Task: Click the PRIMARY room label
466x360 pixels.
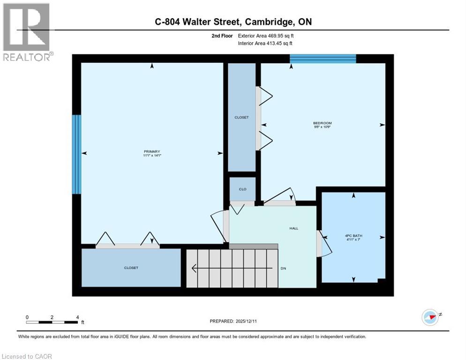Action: [152, 151]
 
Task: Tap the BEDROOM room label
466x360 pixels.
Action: [322, 123]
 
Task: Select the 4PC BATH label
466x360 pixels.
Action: [353, 236]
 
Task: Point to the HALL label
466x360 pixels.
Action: [293, 228]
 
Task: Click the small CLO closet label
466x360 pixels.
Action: [242, 189]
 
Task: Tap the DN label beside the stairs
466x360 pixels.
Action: [283, 269]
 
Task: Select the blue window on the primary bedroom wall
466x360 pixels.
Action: [76, 154]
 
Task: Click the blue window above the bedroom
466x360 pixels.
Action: [323, 59]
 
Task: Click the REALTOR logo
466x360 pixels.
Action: [26, 32]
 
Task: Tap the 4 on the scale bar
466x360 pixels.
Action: [77, 317]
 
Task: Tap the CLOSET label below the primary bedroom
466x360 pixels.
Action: [131, 268]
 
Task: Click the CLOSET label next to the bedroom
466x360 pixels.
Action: [241, 117]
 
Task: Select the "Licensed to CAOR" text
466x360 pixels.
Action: [27, 356]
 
